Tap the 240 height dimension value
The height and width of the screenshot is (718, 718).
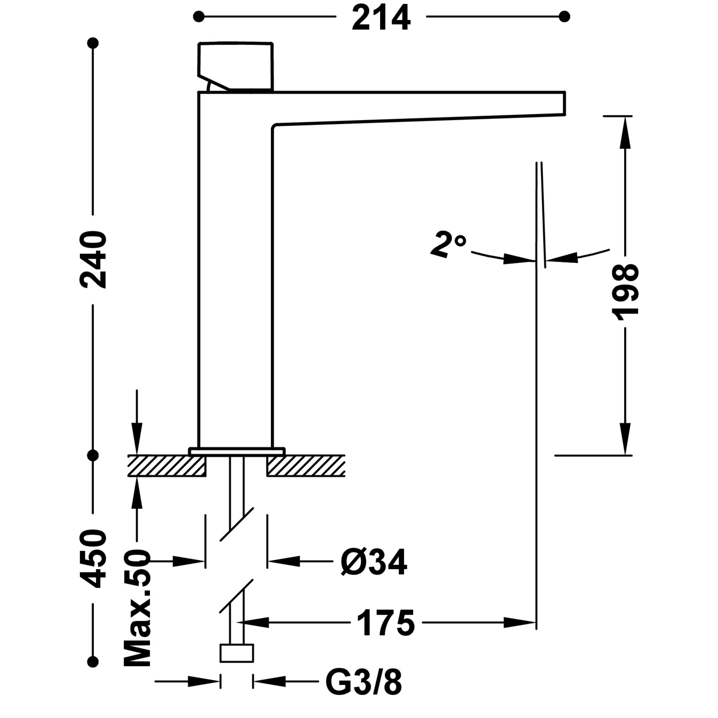(93, 259)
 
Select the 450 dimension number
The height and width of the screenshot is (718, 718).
(93, 558)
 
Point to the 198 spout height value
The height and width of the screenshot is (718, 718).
(625, 291)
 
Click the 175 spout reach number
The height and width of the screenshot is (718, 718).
(386, 623)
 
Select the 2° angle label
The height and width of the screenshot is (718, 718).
(447, 245)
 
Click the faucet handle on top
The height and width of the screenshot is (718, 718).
(236, 66)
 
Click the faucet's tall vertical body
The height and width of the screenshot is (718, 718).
(235, 287)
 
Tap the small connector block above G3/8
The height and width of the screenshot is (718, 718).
(236, 653)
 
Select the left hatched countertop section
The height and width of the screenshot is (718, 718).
(166, 466)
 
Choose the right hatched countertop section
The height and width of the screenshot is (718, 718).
(306, 466)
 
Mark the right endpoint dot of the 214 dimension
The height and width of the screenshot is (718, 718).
(565, 17)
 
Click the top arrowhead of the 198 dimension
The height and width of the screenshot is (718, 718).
(625, 129)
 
